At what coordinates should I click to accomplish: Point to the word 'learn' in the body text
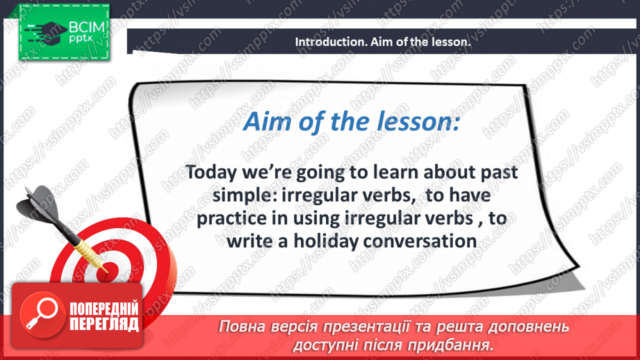(x=395, y=172)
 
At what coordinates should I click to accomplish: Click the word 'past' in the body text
(x=499, y=173)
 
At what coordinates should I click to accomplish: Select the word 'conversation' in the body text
(x=420, y=241)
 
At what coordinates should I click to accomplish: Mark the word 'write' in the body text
(x=250, y=241)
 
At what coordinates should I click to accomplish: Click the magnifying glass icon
(x=42, y=314)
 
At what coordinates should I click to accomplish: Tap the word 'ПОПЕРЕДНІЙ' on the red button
(x=104, y=309)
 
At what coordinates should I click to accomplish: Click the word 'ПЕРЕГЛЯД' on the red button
(x=104, y=324)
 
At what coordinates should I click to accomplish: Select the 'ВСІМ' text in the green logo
(x=87, y=27)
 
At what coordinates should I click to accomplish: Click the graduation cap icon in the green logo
(x=46, y=31)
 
